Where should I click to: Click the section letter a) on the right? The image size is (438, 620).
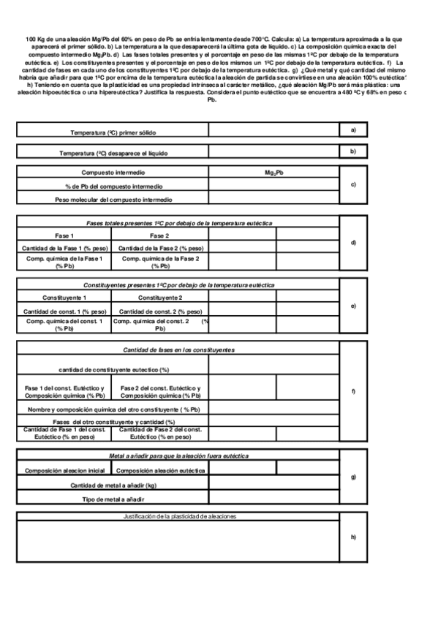tap(353, 129)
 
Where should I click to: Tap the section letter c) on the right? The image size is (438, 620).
tap(353, 184)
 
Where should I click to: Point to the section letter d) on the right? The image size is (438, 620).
tap(353, 242)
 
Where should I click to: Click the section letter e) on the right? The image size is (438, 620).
tap(353, 306)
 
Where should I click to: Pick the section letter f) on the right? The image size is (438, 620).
tap(353, 392)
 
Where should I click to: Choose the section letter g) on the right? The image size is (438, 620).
tap(353, 477)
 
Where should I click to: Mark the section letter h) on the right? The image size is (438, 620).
tap(353, 537)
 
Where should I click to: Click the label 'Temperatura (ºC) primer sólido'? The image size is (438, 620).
tap(113, 132)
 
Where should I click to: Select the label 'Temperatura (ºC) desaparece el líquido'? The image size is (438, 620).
tap(113, 153)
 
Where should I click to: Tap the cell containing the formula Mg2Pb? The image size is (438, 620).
tap(274, 173)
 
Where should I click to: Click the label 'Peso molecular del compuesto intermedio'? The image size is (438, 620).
tap(113, 199)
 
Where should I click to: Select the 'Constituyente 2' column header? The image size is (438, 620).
tap(159, 298)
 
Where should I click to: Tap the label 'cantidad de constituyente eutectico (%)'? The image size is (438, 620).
tap(113, 370)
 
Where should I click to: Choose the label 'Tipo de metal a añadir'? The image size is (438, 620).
tap(113, 499)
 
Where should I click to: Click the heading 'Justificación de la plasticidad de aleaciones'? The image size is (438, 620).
tap(179, 516)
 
